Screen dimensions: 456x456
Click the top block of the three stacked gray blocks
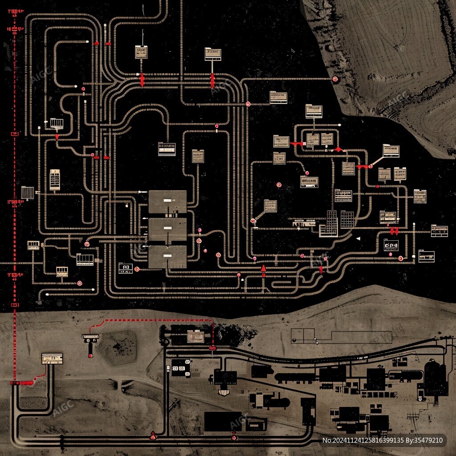[x=167, y=201]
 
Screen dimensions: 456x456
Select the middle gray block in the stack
[x=167, y=229]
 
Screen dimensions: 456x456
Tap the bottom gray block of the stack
[x=167, y=257]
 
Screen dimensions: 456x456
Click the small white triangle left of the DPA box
[x=358, y=239]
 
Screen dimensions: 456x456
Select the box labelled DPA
[x=391, y=245]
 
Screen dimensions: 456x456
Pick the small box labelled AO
[x=126, y=268]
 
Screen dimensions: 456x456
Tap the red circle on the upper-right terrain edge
[x=335, y=79]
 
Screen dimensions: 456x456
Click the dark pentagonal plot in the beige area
[x=117, y=347]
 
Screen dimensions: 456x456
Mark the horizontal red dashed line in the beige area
[x=156, y=320]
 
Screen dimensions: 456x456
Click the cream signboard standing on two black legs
[x=52, y=358]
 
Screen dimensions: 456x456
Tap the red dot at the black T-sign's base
[x=90, y=355]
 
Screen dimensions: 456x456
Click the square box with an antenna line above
[x=141, y=52]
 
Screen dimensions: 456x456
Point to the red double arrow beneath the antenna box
[x=142, y=80]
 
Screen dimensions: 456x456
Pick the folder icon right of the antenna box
[x=213, y=54]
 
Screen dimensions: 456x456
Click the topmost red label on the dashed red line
[x=15, y=11]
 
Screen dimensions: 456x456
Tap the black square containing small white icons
[x=181, y=368]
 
